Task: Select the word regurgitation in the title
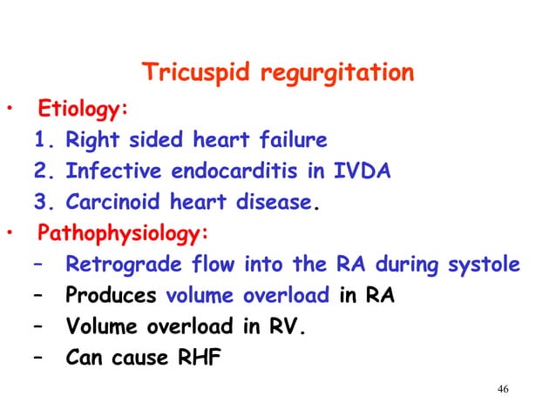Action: (336, 74)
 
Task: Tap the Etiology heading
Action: (81, 111)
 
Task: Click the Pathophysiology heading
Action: (112, 233)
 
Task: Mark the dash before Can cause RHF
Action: (40, 358)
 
